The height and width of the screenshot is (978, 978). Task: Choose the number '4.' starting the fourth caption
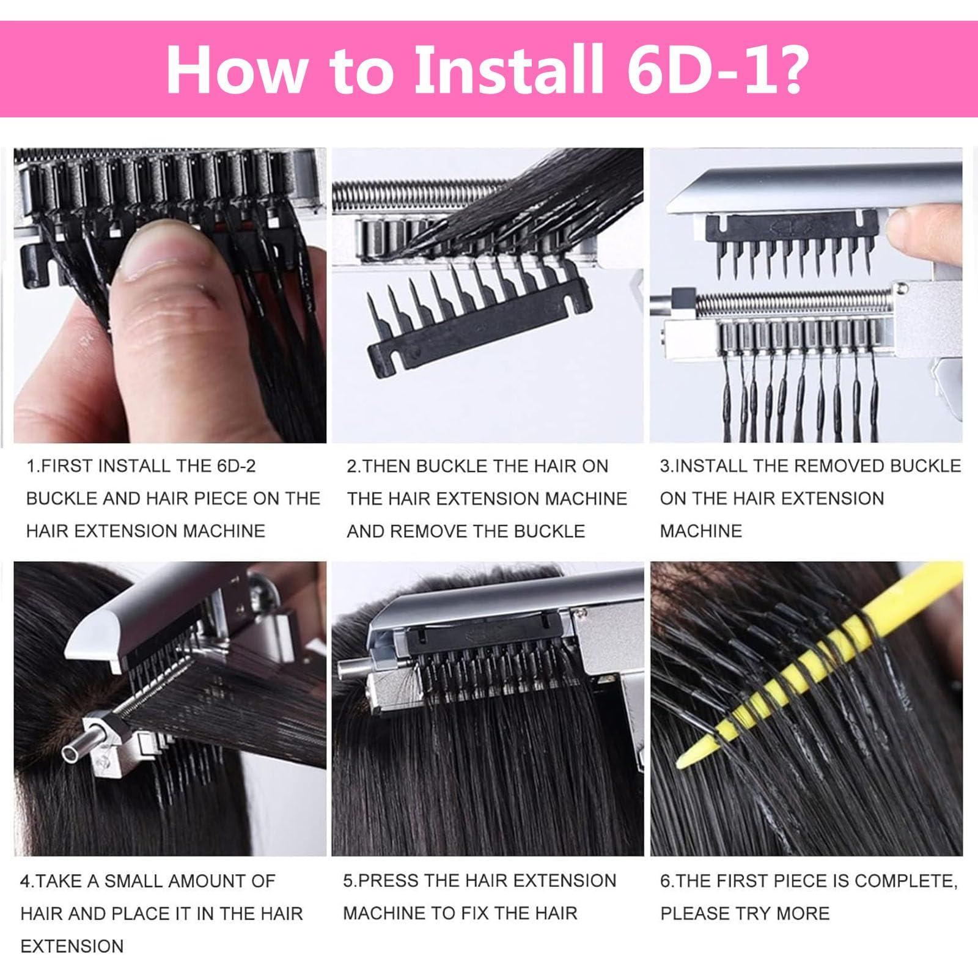pyautogui.click(x=28, y=881)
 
